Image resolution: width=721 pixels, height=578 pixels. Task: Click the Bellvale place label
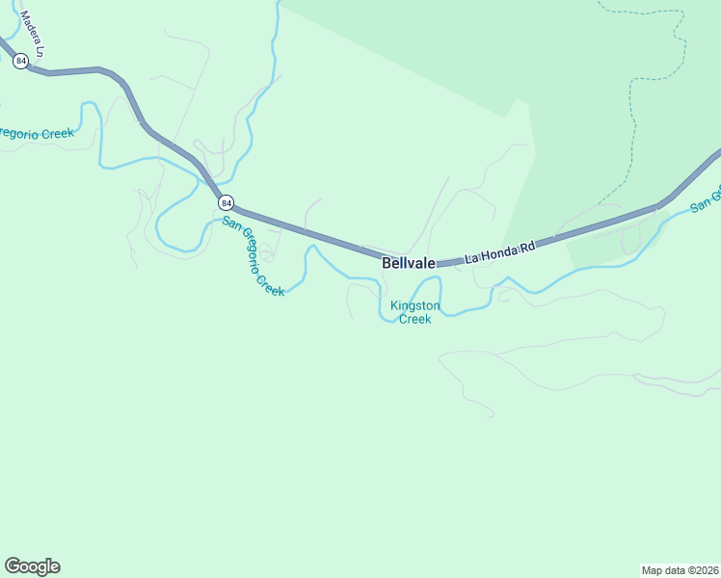click(x=409, y=262)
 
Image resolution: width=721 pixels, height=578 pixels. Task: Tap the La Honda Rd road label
click(x=499, y=253)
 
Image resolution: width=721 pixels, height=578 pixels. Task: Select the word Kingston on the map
click(x=415, y=306)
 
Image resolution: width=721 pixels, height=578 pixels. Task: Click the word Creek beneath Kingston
click(x=415, y=319)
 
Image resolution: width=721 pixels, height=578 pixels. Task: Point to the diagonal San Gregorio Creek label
click(x=254, y=255)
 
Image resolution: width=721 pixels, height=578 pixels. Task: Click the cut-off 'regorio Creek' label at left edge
click(x=37, y=134)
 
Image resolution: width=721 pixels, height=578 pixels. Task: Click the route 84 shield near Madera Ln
click(x=20, y=61)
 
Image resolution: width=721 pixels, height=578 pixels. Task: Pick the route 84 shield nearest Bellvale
click(x=226, y=202)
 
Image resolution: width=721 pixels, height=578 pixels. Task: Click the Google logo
click(x=32, y=566)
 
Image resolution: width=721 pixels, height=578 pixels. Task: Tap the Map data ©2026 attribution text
click(x=680, y=569)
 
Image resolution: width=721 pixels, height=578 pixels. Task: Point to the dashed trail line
click(x=630, y=116)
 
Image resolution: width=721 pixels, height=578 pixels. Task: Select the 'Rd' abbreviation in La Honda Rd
click(x=526, y=248)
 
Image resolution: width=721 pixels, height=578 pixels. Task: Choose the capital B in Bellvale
click(x=387, y=262)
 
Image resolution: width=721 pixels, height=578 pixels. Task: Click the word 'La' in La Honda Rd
click(x=472, y=259)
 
